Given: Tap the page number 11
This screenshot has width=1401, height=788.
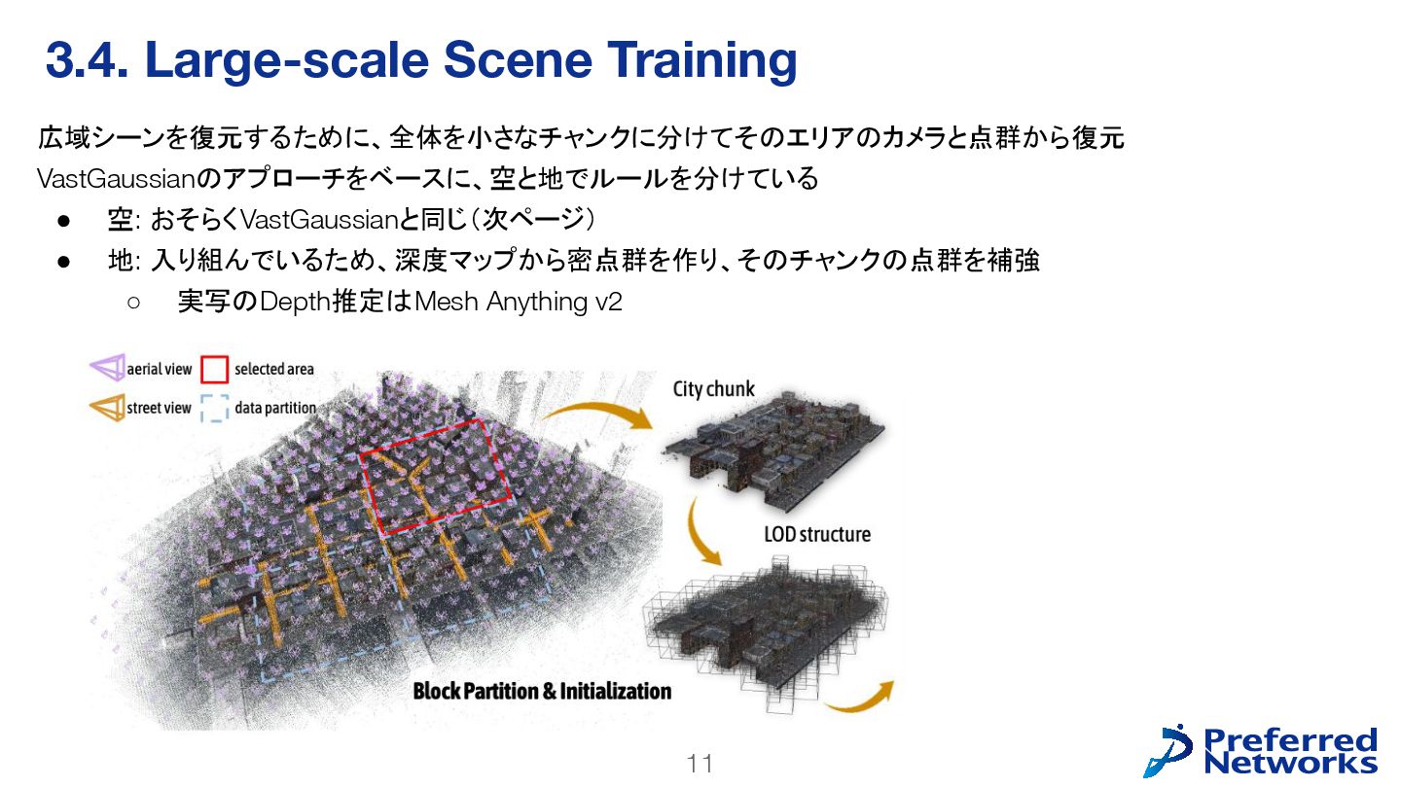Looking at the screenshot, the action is [700, 765].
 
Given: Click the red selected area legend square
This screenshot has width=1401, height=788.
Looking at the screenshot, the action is [214, 370].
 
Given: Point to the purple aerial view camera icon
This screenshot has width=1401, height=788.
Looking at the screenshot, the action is [107, 369].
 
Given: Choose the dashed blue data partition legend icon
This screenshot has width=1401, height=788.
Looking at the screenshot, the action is [214, 409].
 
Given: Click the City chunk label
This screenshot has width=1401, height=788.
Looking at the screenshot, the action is [713, 389].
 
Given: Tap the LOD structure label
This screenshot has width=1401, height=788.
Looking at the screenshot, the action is [816, 534].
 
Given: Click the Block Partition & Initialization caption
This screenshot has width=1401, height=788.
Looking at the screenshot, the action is [542, 691].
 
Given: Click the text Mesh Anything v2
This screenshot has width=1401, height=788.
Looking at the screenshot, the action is [518, 303].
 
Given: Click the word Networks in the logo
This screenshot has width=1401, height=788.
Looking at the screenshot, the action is [1290, 763].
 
